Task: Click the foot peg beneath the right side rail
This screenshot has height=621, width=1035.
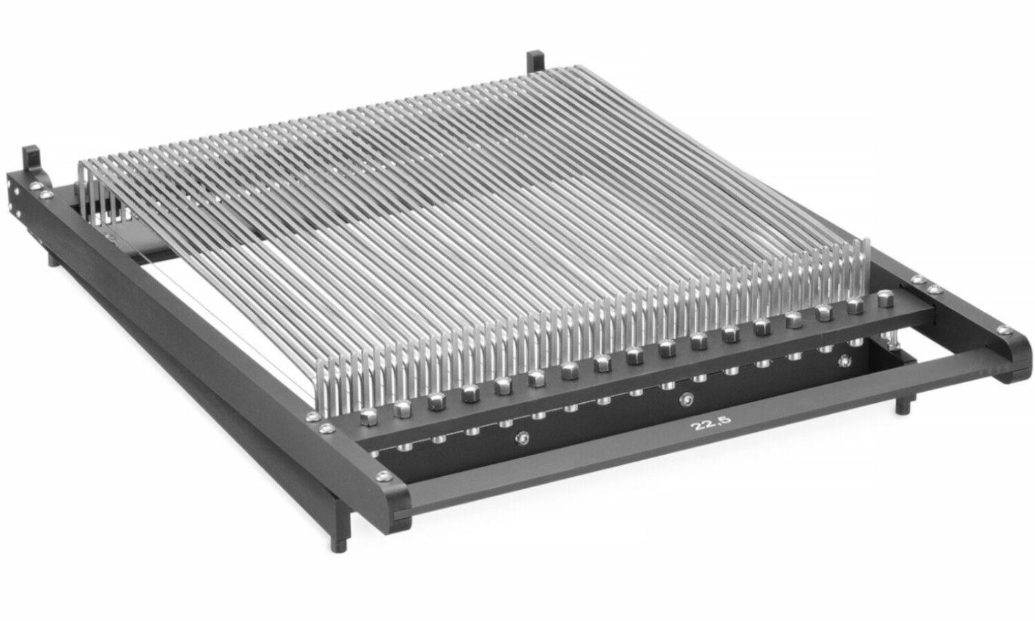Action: tap(903, 406)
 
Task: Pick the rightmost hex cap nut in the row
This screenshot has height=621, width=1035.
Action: tap(885, 299)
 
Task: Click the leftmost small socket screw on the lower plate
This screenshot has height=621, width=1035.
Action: tap(522, 438)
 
